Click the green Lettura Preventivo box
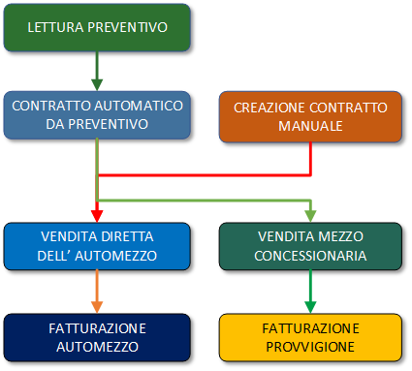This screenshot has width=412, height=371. pyautogui.click(x=97, y=27)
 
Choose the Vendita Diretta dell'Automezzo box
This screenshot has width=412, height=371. pyautogui.click(x=97, y=246)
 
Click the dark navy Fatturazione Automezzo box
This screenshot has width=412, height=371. pyautogui.click(x=97, y=336)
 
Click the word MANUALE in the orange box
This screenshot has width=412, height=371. pyautogui.click(x=311, y=125)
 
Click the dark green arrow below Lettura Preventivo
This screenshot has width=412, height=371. pyautogui.click(x=97, y=70)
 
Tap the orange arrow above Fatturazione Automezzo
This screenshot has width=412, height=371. pyautogui.click(x=97, y=290)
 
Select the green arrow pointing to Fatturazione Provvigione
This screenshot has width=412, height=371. pyautogui.click(x=311, y=290)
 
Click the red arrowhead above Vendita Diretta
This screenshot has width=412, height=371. pyautogui.click(x=97, y=214)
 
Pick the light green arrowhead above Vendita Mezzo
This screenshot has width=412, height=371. pyautogui.click(x=311, y=214)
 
